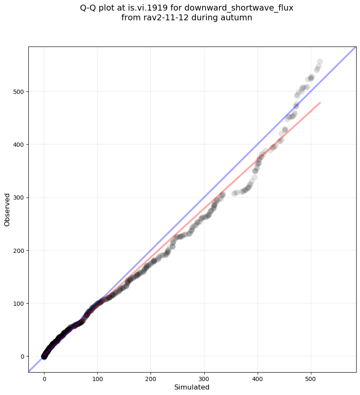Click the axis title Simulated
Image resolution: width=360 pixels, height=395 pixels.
click(192, 387)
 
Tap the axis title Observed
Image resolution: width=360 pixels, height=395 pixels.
click(7, 210)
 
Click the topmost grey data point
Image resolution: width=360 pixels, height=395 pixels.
click(320, 62)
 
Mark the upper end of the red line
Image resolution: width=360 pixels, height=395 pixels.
click(320, 102)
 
